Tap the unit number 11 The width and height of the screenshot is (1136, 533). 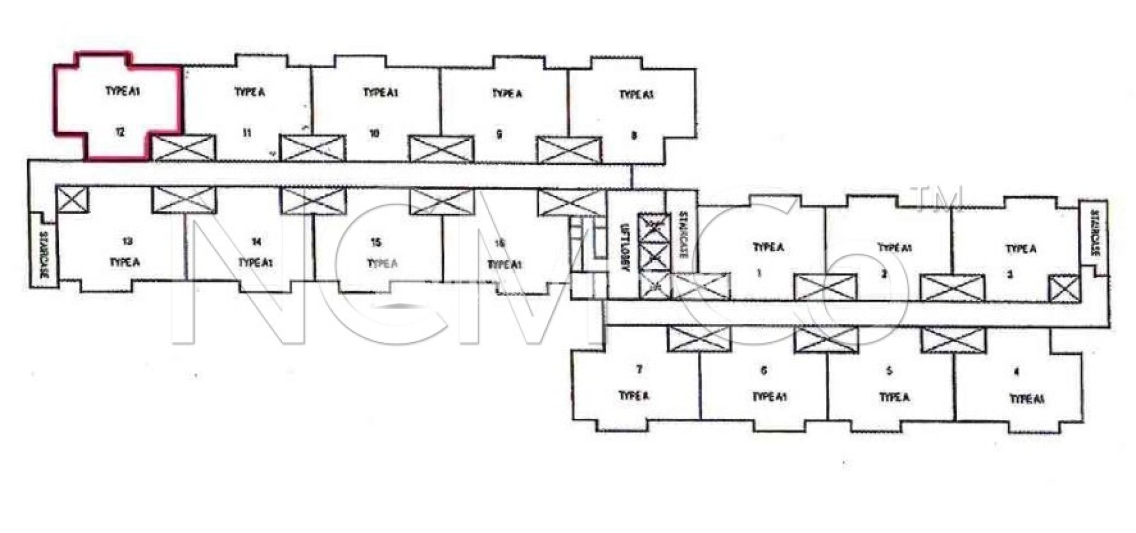pos(247,133)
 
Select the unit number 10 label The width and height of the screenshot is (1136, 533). pos(374,134)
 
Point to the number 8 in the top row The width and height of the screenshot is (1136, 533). pos(634,135)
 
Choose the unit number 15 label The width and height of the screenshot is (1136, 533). pos(376,242)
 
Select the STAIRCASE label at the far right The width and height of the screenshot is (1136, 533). pos(1094,233)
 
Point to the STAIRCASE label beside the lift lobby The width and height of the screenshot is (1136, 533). pos(683,235)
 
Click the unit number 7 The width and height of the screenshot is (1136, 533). pos(639,369)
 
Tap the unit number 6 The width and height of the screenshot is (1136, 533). pos(764,370)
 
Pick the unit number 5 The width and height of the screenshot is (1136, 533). pos(889,371)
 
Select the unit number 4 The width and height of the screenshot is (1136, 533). pos(1016,373)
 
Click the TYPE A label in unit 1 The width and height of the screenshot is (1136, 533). pos(768,247)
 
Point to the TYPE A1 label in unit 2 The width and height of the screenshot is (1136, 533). pos(895,248)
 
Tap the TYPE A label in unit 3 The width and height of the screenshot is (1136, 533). pos(1021,249)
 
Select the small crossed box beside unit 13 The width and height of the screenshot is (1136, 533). pos(72,199)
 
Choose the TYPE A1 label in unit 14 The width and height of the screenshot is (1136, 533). pos(255,262)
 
